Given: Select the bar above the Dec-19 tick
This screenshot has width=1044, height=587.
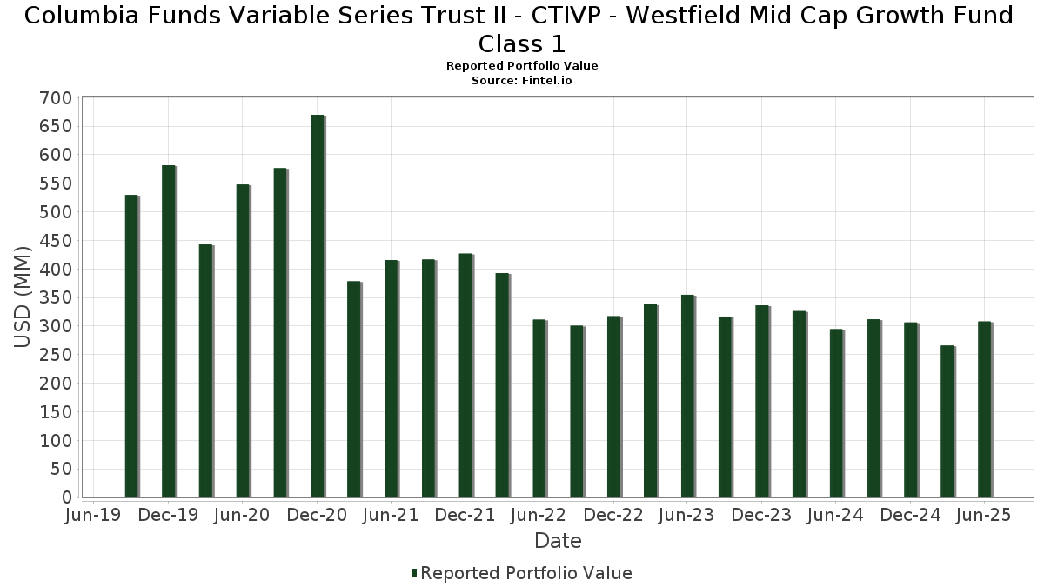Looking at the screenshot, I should pyautogui.click(x=168, y=331).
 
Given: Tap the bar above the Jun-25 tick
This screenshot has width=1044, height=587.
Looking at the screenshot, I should pyautogui.click(x=984, y=410).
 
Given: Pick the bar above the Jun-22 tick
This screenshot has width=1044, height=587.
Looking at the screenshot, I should pyautogui.click(x=539, y=409).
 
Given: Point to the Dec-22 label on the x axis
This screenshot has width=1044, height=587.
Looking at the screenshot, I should pyautogui.click(x=613, y=516).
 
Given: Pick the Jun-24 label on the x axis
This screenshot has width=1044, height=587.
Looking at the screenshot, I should pyautogui.click(x=835, y=516).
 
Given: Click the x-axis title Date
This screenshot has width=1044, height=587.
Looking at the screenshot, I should pyautogui.click(x=558, y=541).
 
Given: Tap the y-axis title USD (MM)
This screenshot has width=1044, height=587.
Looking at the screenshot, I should pyautogui.click(x=23, y=297).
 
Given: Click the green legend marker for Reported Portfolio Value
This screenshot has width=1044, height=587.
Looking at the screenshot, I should pyautogui.click(x=414, y=573).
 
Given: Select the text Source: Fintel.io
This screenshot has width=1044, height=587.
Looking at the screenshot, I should pyautogui.click(x=522, y=80).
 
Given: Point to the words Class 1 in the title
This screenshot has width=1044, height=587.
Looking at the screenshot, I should pyautogui.click(x=522, y=43).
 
